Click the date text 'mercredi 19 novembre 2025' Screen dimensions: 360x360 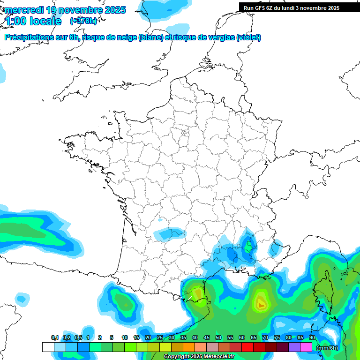tap(65, 10)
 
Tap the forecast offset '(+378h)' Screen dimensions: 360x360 tap(83, 21)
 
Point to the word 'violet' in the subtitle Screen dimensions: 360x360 tap(248, 37)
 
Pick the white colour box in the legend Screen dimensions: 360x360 tap(48, 347)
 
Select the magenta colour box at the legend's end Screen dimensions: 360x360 tap(306, 347)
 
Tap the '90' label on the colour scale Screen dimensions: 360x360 tap(312, 338)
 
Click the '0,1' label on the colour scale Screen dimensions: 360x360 tap(54, 338)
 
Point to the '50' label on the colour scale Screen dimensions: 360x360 tap(218, 338)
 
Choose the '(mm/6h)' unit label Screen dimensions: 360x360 tap(327, 348)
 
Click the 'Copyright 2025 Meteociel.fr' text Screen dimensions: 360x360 tap(199, 357)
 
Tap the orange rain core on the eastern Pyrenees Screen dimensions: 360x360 tap(197, 293)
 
